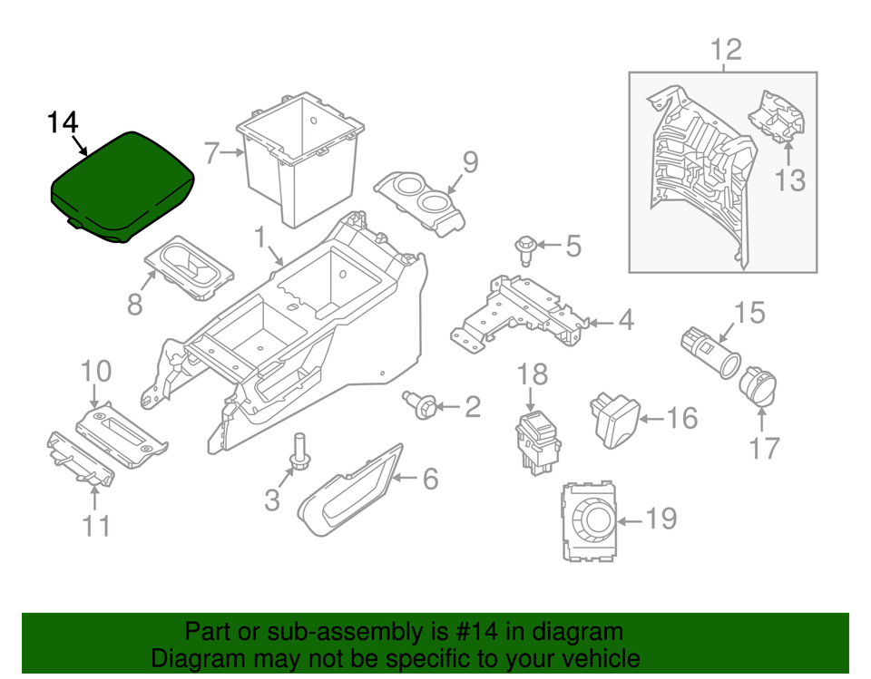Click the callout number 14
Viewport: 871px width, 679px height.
(63, 122)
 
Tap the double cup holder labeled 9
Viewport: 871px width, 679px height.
(420, 204)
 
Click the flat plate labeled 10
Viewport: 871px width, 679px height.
(122, 434)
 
